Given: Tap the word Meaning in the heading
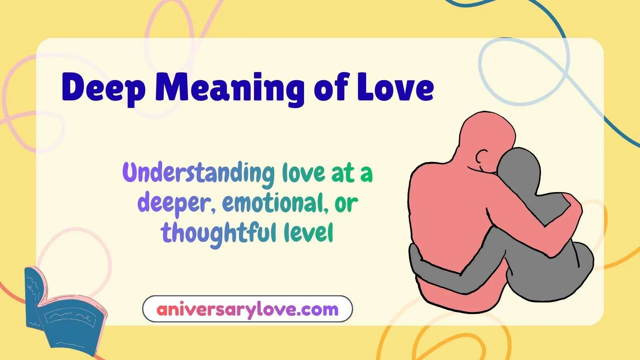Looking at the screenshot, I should (229, 89).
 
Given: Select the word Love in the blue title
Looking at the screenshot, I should (395, 88).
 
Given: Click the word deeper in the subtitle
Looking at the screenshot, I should (173, 203).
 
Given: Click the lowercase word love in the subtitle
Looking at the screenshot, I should (303, 173).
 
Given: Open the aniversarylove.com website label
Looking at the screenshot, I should (247, 309).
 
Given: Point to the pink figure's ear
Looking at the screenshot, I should (483, 154).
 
